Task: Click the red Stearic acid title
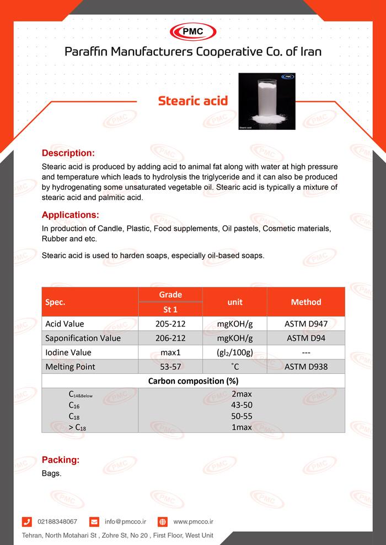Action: (x=192, y=101)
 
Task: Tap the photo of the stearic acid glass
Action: (x=267, y=101)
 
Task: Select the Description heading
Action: (x=68, y=153)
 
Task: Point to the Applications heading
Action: (x=71, y=215)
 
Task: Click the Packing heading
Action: (x=61, y=460)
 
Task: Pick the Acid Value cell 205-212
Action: (x=170, y=324)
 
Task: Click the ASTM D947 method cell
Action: (x=305, y=324)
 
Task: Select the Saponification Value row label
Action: (x=83, y=338)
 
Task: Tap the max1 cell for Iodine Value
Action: (x=170, y=352)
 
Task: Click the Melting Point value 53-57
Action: (x=170, y=367)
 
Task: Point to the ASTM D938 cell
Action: (x=305, y=367)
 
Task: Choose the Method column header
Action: (x=305, y=302)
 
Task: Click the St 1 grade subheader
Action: (x=170, y=309)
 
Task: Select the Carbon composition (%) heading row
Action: (x=193, y=381)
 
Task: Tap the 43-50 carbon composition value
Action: (x=242, y=405)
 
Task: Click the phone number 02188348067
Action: (x=57, y=521)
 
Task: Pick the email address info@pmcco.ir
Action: (x=125, y=521)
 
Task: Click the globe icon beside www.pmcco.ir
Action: (x=163, y=521)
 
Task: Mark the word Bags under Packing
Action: (x=51, y=473)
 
